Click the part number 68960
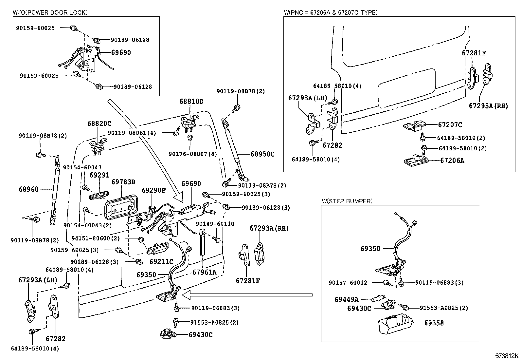28,189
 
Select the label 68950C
262,154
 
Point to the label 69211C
161,262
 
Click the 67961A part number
204,272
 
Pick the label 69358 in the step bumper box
434,323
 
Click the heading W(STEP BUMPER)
347,201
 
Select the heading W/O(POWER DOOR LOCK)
50,12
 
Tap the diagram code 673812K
507,356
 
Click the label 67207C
450,125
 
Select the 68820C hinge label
99,124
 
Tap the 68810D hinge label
191,102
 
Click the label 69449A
347,299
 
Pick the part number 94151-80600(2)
96,238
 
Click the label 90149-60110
215,224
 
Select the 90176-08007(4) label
193,154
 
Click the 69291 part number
99,175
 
